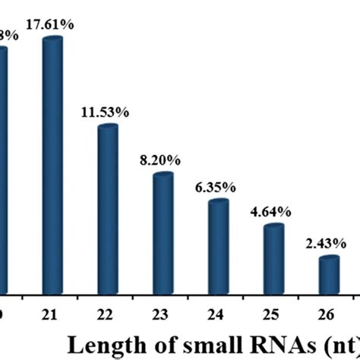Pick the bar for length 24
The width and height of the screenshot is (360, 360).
[x=219, y=247]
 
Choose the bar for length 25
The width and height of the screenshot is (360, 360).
[x=273, y=259]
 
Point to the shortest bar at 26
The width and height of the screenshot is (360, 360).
[x=329, y=275]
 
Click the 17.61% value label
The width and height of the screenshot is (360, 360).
[x=52, y=24]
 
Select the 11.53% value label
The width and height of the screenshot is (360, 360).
[x=108, y=113]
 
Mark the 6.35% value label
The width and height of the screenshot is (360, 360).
[x=219, y=188]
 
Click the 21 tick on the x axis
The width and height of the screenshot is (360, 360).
[x=52, y=313]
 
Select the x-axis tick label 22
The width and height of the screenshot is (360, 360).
[x=108, y=313]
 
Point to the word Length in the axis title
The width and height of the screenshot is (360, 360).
[x=102, y=346]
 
